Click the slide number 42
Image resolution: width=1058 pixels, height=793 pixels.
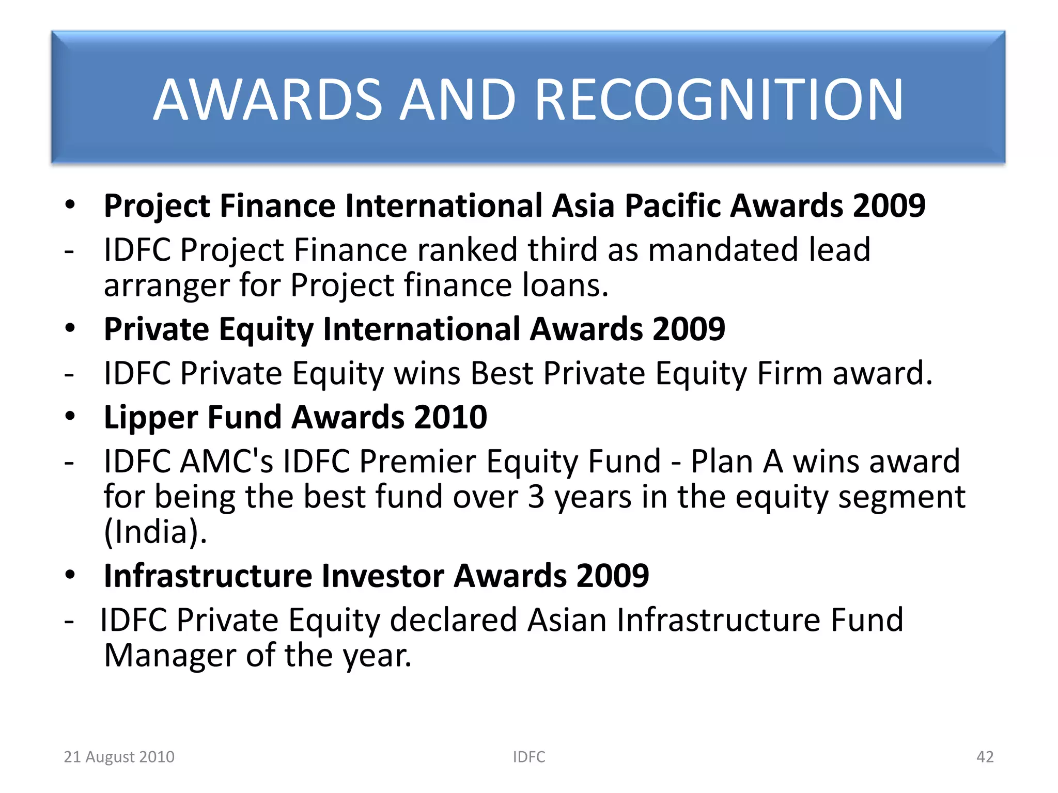(985, 757)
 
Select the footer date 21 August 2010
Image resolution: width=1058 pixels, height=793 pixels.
(119, 757)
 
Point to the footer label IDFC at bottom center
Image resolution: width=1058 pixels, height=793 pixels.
(528, 757)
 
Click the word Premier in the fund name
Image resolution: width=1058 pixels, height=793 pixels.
(417, 461)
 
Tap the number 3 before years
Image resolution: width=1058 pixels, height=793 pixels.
(536, 497)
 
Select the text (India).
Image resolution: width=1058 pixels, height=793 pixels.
(155, 532)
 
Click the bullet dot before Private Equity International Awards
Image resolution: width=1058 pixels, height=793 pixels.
(70, 328)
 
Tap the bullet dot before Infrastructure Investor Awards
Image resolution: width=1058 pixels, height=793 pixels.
(70, 575)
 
